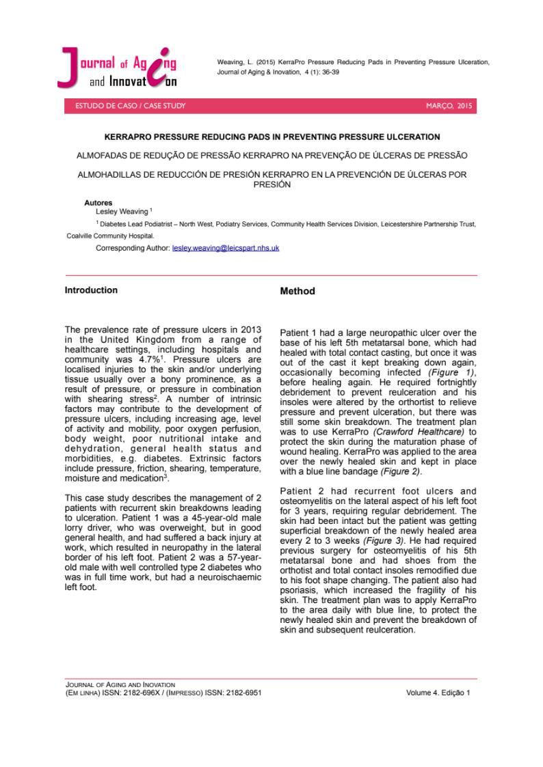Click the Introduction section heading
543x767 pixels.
pos(91,290)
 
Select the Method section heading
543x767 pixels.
pos(297,292)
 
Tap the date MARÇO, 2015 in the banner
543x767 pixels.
pos(449,107)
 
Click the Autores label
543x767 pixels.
pos(98,204)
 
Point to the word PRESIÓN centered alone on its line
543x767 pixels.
pos(271,184)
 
